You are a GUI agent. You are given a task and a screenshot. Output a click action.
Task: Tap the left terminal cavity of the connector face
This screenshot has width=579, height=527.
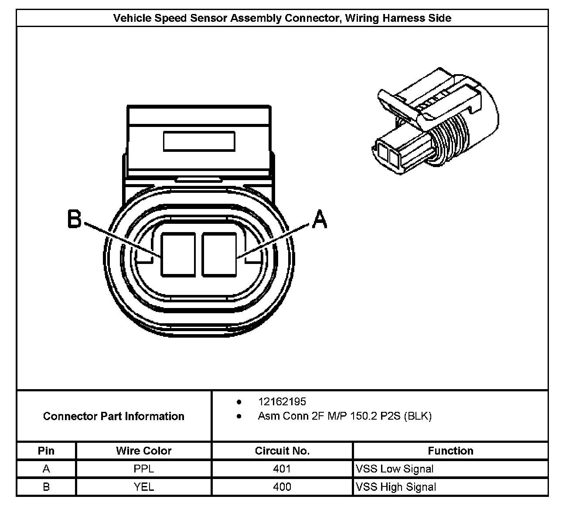pyautogui.click(x=178, y=255)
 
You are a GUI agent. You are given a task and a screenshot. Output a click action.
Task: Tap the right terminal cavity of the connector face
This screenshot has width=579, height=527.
pyautogui.click(x=219, y=255)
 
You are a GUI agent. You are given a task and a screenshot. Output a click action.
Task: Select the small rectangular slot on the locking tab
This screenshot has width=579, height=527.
pyautogui.click(x=199, y=141)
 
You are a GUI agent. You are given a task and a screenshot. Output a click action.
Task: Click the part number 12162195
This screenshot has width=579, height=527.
pyautogui.click(x=282, y=401)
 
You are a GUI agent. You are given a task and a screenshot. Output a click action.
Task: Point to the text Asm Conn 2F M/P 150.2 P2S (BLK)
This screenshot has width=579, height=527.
pyautogui.click(x=344, y=416)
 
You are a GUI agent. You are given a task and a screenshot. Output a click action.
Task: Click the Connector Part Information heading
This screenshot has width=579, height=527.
pyautogui.click(x=113, y=416)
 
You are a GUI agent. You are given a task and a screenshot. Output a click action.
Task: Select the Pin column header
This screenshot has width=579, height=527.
pyautogui.click(x=46, y=451)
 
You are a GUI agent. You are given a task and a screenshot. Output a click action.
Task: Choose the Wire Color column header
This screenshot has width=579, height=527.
pyautogui.click(x=143, y=451)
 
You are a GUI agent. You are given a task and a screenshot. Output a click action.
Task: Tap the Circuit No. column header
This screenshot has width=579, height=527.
pyautogui.click(x=282, y=451)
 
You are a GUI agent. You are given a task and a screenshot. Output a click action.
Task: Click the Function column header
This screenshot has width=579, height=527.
pyautogui.click(x=450, y=451)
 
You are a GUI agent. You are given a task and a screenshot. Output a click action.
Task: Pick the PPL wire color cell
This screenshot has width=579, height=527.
pyautogui.click(x=143, y=469)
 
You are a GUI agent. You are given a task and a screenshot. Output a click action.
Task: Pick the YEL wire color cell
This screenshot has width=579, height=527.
pyautogui.click(x=143, y=487)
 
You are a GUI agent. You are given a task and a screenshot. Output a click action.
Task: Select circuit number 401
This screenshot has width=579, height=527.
pyautogui.click(x=282, y=469)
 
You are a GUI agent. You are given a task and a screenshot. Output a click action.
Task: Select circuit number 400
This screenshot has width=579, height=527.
pyautogui.click(x=282, y=487)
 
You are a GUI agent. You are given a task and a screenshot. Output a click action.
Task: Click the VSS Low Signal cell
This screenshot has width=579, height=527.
pyautogui.click(x=395, y=469)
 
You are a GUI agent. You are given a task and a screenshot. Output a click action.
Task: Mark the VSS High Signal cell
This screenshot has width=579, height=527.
pyautogui.click(x=396, y=487)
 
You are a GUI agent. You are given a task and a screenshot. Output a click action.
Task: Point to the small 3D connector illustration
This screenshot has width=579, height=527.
pyautogui.click(x=436, y=122)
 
